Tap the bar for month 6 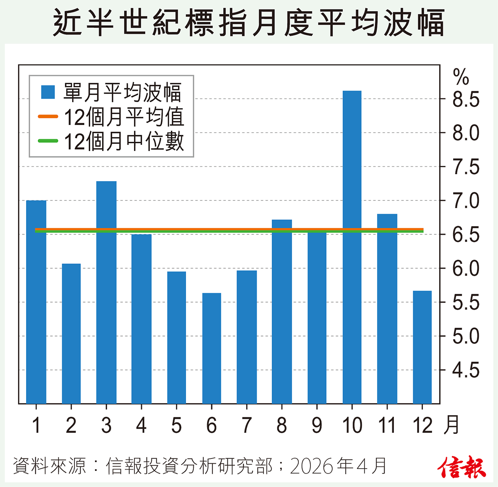click(212, 348)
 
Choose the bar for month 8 click(282, 311)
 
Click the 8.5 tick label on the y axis click(466, 100)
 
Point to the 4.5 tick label click(466, 370)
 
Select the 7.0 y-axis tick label click(466, 201)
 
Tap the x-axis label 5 click(176, 426)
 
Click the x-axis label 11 click(387, 426)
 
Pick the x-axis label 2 click(71, 426)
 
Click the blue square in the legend click(48, 92)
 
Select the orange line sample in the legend click(48, 117)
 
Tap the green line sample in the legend click(48, 141)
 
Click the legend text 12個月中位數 click(124, 141)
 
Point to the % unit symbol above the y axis click(461, 77)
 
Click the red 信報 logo click(461, 467)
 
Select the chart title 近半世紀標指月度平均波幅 click(249, 23)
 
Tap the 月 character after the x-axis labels click(451, 425)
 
